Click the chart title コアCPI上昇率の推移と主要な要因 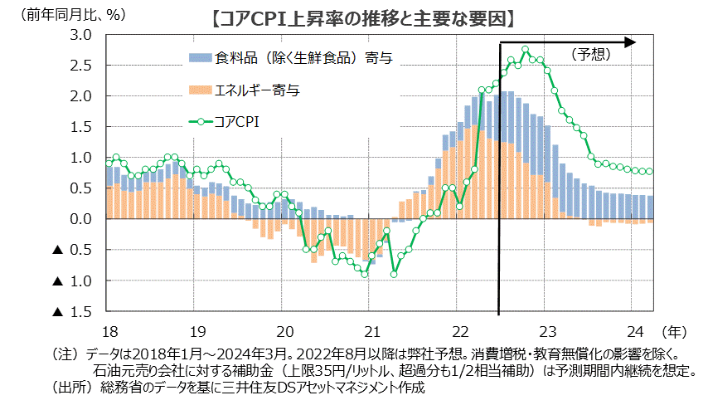pyautogui.click(x=361, y=16)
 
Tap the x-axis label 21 pyautogui.click(x=371, y=328)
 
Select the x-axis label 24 pyautogui.click(x=634, y=328)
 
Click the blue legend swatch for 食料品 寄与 pyautogui.click(x=200, y=57)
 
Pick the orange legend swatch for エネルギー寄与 pyautogui.click(x=200, y=88)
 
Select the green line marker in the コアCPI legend pyautogui.click(x=200, y=122)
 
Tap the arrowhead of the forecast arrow pyautogui.click(x=630, y=40)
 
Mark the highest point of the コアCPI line pyautogui.click(x=525, y=50)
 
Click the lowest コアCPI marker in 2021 pyautogui.click(x=394, y=274)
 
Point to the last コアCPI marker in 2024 pyautogui.click(x=650, y=172)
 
